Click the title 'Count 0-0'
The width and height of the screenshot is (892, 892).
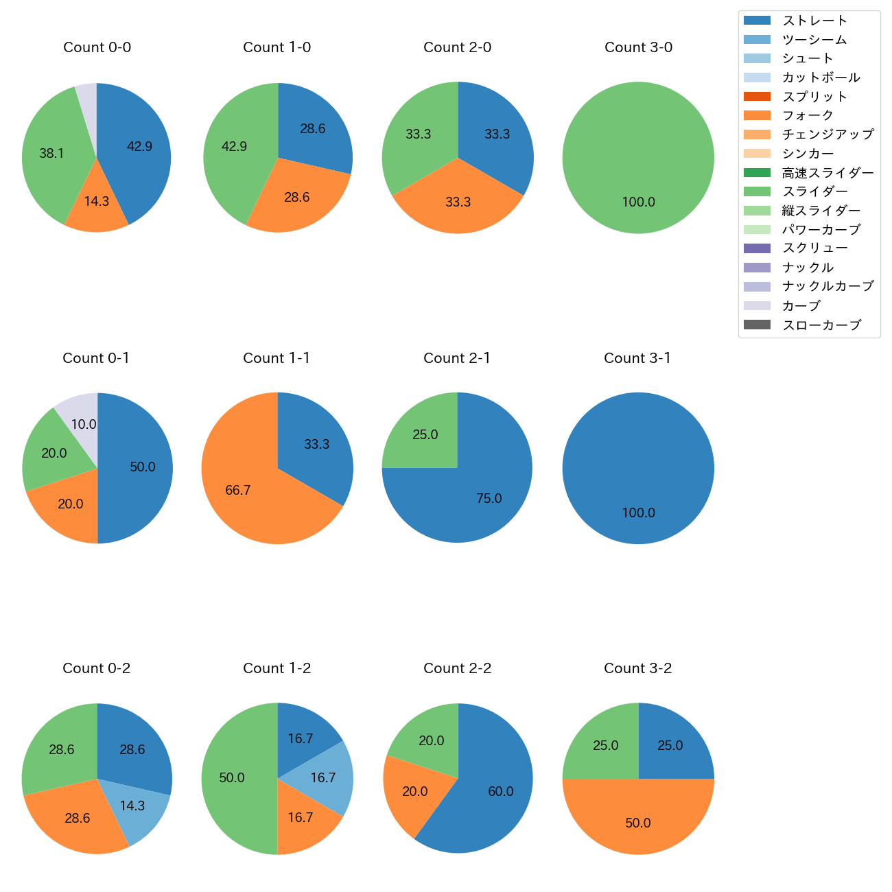tap(97, 47)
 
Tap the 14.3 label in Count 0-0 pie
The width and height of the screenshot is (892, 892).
tap(97, 201)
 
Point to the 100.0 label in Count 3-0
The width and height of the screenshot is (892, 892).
tap(638, 202)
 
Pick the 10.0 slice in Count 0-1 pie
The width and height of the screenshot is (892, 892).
tap(80, 419)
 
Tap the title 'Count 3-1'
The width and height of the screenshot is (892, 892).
tap(637, 358)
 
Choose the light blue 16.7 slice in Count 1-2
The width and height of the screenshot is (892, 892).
tap(321, 777)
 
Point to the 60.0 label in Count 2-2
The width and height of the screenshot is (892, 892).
tap(500, 791)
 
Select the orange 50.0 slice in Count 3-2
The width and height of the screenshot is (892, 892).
tap(638, 820)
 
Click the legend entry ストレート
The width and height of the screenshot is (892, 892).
tap(814, 21)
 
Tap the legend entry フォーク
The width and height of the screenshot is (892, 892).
tap(808, 115)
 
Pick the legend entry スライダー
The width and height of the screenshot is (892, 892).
tap(814, 191)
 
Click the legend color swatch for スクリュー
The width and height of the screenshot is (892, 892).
tap(757, 248)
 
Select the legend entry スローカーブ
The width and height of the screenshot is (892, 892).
tap(821, 325)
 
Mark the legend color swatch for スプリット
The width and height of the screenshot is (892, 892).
tap(757, 97)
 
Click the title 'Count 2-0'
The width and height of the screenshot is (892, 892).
tap(458, 47)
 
